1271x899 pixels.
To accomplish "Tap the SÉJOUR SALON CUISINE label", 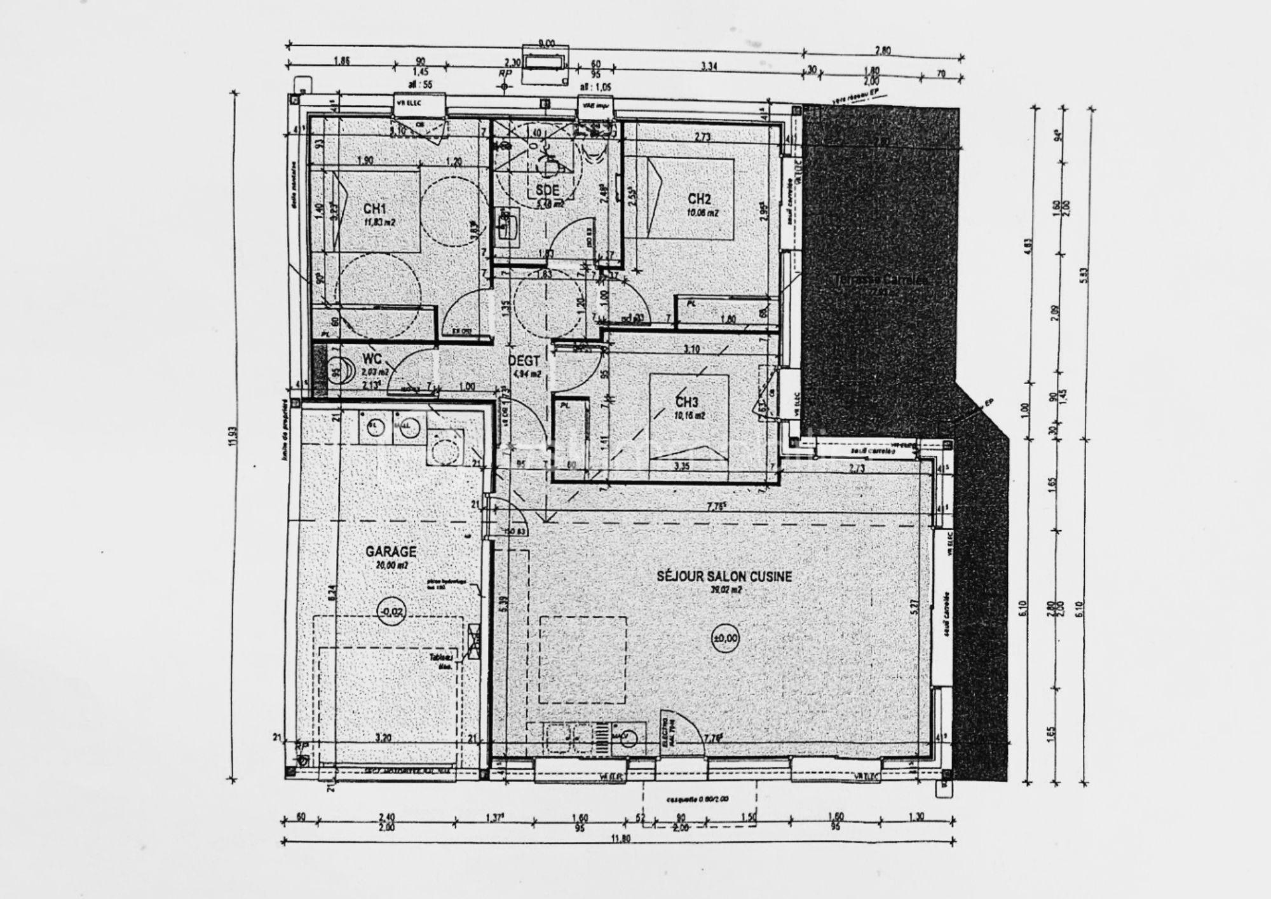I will [x=724, y=576].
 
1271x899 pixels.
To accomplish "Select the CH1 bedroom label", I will [x=375, y=209].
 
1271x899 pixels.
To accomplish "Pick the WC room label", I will [x=371, y=360].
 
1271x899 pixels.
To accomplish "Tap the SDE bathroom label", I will [x=547, y=189].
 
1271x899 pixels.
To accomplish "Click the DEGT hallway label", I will [x=524, y=360].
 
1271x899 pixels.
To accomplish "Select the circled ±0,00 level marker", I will [x=725, y=638].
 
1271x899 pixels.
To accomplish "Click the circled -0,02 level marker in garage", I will [x=391, y=612].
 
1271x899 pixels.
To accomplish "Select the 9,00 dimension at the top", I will [x=546, y=43].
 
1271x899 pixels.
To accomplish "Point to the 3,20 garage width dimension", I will [x=383, y=738].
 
